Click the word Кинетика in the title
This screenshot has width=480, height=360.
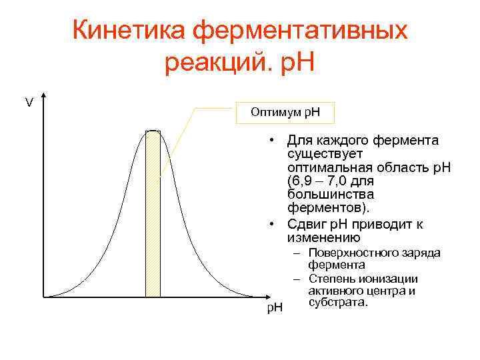point(128,31)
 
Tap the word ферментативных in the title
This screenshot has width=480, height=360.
point(301,31)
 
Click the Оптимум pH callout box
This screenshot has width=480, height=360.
point(285,112)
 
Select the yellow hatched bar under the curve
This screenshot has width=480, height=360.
point(153,213)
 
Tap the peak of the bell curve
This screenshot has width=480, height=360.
point(153,131)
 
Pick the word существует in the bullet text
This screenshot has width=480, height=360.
point(324,154)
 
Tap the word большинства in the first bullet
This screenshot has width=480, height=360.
point(330,194)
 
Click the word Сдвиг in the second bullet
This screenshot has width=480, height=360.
point(307,225)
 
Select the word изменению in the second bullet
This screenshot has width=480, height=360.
point(323,238)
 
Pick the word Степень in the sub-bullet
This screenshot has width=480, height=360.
point(331,279)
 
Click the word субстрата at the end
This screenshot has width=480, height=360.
point(337,303)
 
